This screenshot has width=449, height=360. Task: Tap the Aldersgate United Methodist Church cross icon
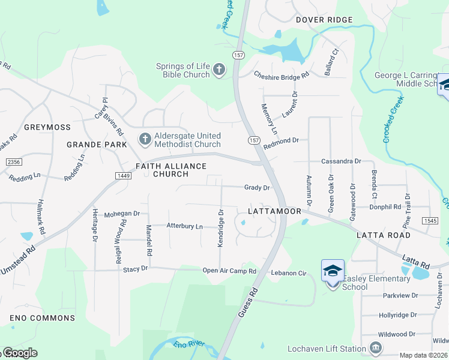point(145,140)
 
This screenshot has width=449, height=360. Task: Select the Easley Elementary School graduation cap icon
point(333,271)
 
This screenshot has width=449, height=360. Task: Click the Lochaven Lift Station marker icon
point(376,348)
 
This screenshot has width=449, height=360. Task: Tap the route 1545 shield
point(430,221)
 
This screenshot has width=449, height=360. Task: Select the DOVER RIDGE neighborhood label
point(324,20)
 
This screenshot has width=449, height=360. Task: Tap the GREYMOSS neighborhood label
point(47,127)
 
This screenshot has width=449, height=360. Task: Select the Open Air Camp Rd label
point(229,271)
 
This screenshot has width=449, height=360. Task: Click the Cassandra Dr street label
point(341,161)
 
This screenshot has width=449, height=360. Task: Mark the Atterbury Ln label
point(185,226)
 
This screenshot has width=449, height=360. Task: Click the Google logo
point(20,353)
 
